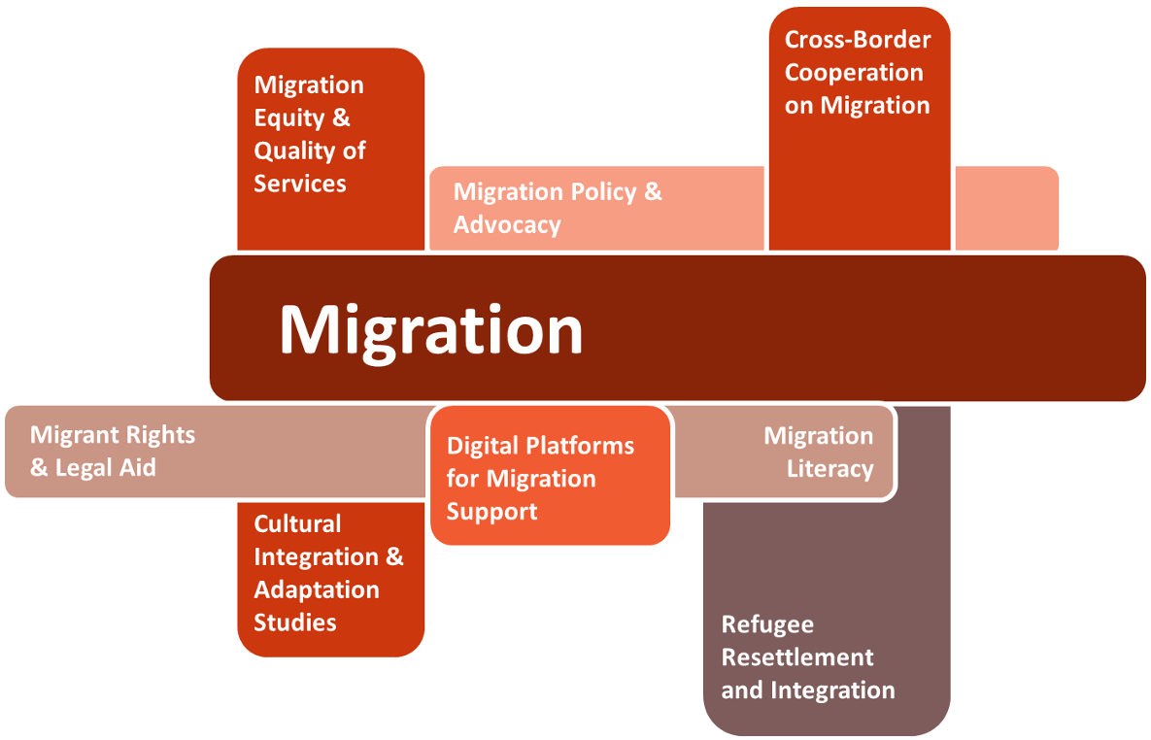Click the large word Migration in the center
430,330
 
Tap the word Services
300,184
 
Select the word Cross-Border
858,40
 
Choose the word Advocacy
507,225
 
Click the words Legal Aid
104,468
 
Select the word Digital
482,447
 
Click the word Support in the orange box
491,512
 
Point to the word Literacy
829,469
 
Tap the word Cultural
297,524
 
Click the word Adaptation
316,589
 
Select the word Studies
295,622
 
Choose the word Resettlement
797,657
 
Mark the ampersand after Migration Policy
653,191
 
